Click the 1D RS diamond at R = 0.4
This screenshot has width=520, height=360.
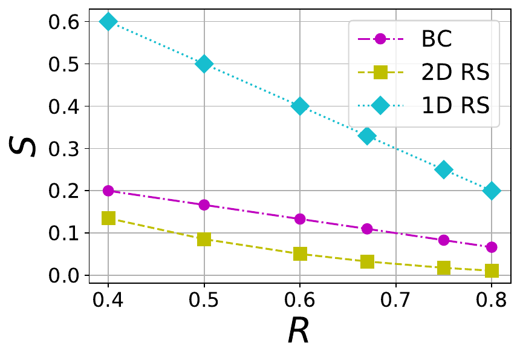(108, 21)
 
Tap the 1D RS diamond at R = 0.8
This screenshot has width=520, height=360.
(492, 191)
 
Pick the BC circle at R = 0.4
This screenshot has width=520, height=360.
(108, 191)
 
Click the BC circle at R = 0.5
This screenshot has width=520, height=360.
(204, 205)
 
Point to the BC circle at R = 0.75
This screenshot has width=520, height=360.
(444, 240)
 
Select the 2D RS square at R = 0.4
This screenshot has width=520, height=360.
(108, 218)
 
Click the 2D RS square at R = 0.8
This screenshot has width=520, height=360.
(492, 270)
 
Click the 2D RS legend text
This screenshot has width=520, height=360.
(455, 73)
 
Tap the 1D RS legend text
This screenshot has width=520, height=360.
(455, 105)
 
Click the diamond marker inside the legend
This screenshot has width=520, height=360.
(380, 105)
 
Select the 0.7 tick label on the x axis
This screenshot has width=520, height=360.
(396, 301)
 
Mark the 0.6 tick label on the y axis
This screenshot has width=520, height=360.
(62, 22)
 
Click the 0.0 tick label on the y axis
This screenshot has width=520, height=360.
(62, 276)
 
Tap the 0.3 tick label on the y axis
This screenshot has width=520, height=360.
(62, 149)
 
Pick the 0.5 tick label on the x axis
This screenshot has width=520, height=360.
(204, 301)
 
